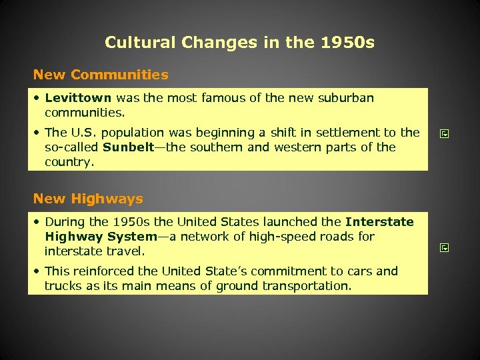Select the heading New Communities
pos(101,75)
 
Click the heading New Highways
pos(88,199)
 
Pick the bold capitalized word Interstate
pos(379,222)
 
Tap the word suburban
pos(347,98)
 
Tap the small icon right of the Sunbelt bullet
pos(445,134)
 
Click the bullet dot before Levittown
pos(38,99)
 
